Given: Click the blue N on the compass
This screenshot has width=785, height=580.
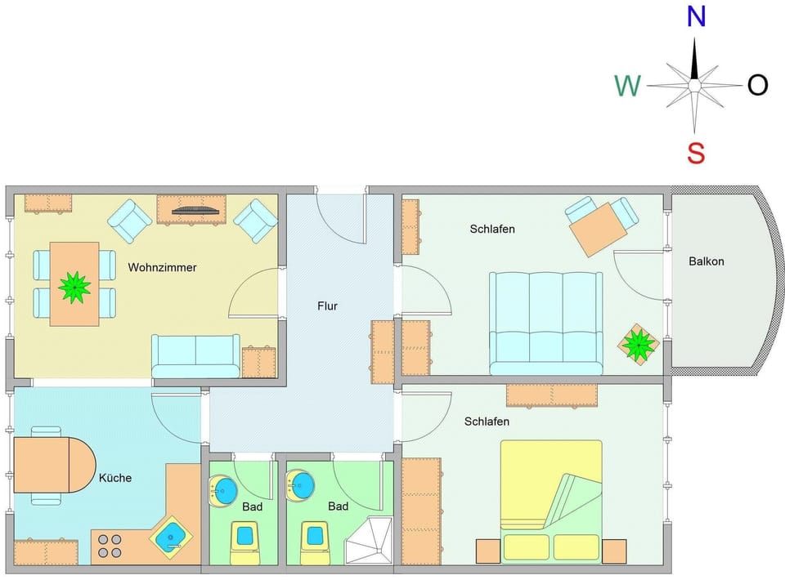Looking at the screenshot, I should (696, 16).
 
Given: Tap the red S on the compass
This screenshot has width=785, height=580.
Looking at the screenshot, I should (696, 152).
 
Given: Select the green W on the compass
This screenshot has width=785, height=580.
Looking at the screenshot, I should (627, 85).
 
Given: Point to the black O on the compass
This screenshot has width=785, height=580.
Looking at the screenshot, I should (757, 85).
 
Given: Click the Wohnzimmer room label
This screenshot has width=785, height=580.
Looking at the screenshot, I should (162, 267).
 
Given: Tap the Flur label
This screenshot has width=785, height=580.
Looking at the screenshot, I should (327, 306).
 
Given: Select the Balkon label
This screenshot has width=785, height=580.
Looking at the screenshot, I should (706, 261).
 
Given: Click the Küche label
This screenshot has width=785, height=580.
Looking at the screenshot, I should (115, 478).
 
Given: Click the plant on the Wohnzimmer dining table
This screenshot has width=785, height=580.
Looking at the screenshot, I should (74, 285).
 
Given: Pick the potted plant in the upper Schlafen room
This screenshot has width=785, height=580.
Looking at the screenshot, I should (637, 344).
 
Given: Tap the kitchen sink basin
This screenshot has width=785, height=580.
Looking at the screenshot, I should (172, 536).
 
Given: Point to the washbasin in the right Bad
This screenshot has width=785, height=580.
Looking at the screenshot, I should (300, 485).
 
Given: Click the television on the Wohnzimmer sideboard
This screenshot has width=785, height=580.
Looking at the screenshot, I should (195, 210).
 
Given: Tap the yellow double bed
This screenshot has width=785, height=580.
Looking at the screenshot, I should (551, 501).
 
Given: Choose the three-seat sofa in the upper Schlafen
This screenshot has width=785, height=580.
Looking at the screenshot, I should (545, 323).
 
